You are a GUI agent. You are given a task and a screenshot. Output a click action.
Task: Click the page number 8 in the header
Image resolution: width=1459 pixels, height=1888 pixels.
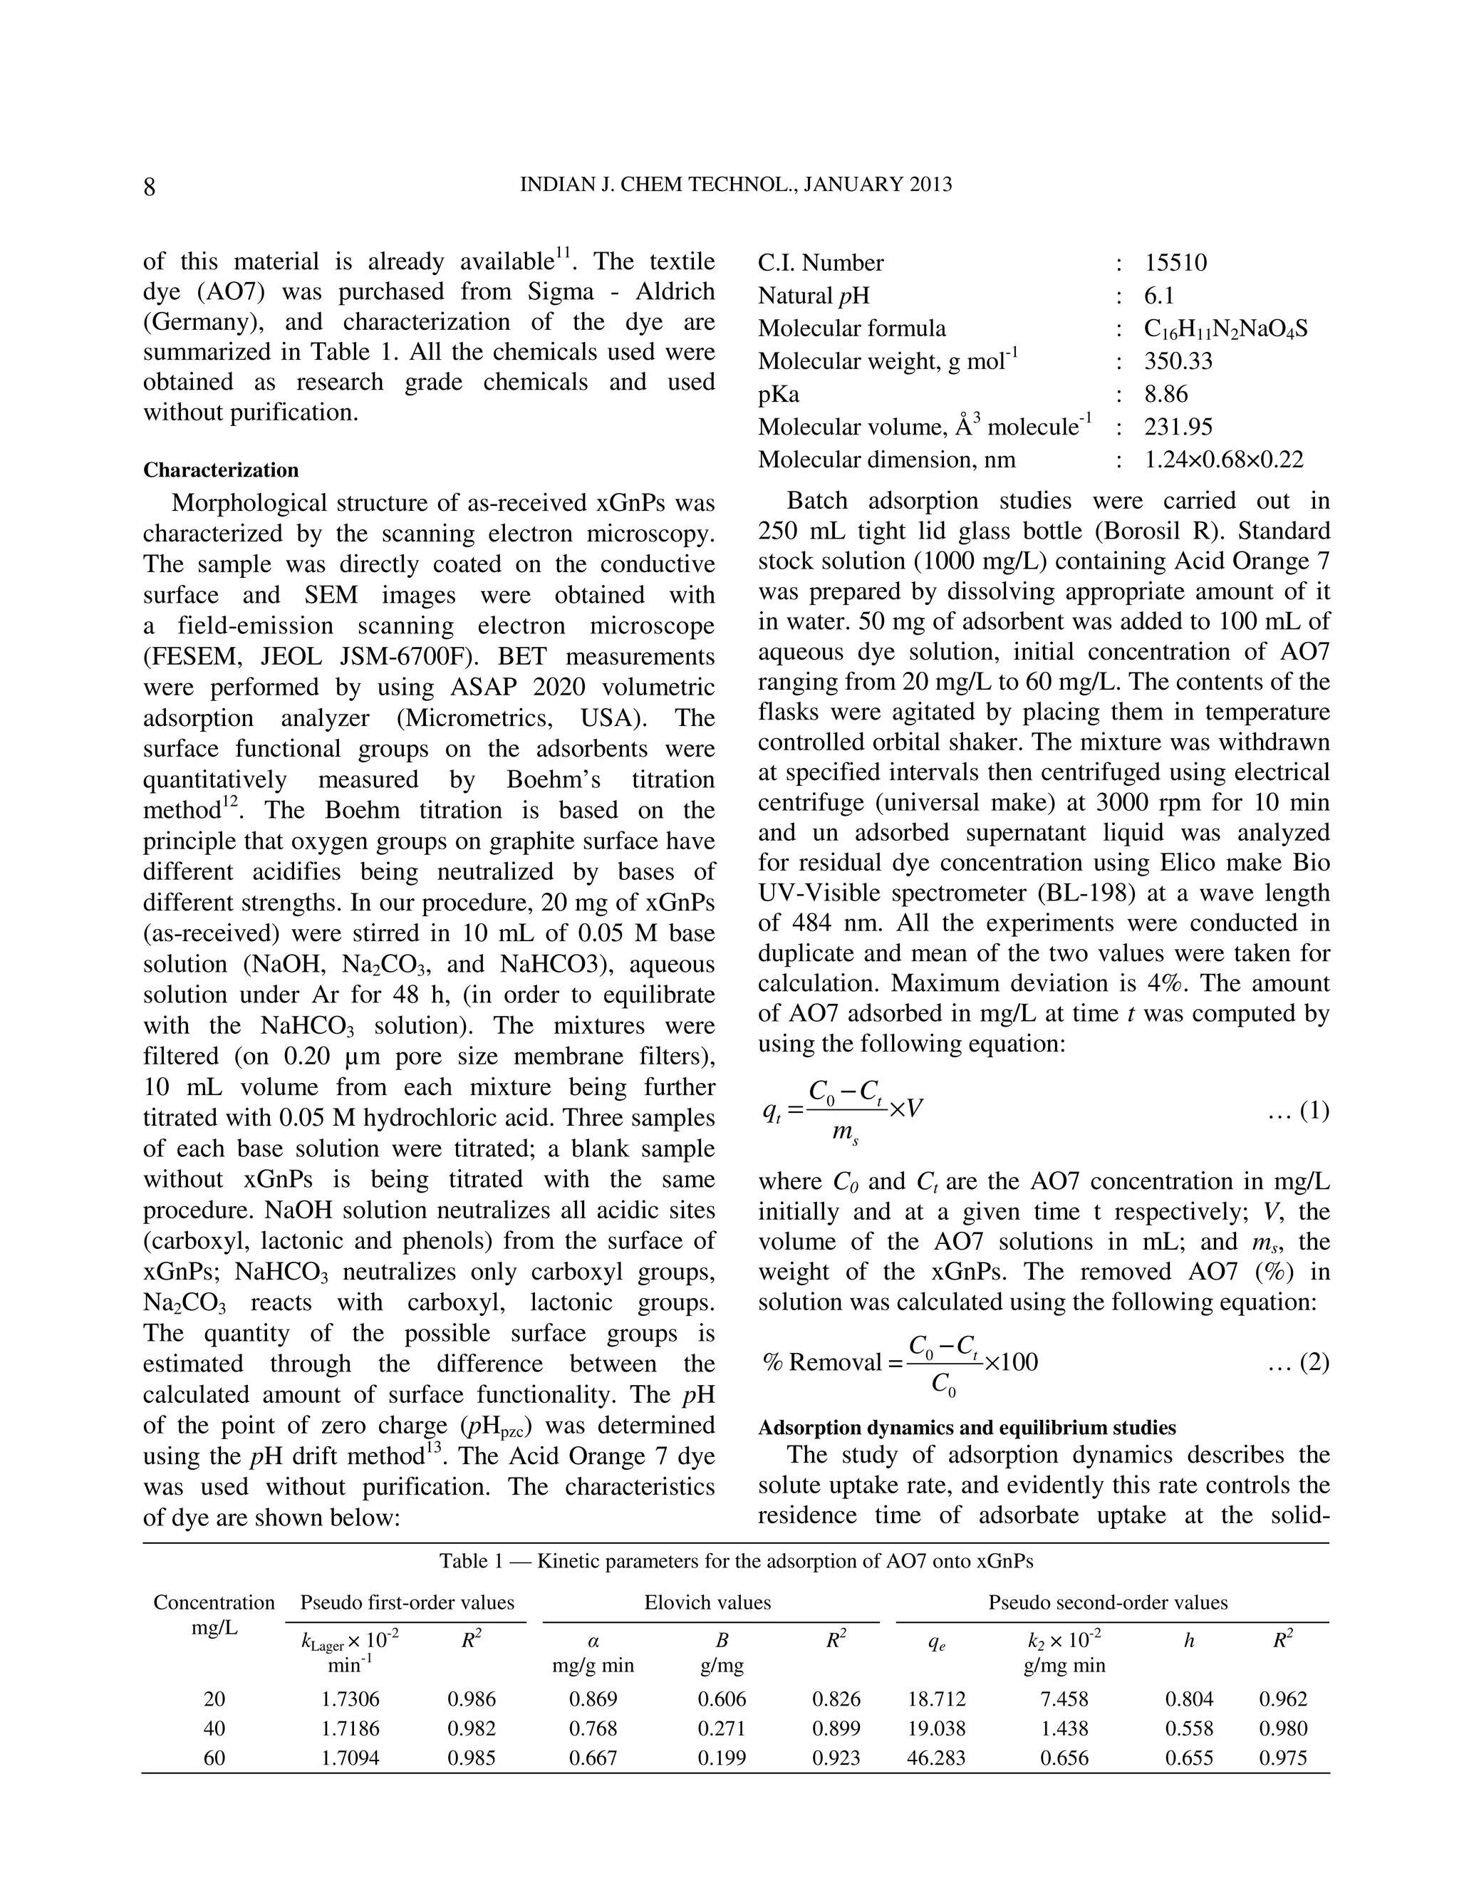tap(150, 187)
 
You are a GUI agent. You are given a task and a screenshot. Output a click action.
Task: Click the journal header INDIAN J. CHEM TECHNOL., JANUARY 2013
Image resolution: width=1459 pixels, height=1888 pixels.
tap(735, 184)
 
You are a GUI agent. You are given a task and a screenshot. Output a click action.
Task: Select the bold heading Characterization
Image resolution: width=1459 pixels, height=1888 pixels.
tap(220, 470)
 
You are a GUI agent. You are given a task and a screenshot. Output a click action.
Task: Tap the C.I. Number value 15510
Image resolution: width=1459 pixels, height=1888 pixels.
tap(1175, 263)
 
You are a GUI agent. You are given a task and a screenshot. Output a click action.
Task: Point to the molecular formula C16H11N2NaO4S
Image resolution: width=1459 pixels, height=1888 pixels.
tap(1225, 328)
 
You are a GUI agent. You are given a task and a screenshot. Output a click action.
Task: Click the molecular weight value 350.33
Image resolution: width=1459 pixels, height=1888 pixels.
tap(1178, 361)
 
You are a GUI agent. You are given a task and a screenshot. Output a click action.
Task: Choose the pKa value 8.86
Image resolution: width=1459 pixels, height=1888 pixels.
tap(1166, 394)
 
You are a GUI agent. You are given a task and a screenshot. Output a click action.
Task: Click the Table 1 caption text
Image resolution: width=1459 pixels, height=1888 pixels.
tap(735, 1560)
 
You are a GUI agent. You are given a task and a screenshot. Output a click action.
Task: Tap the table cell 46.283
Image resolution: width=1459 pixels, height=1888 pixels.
tap(936, 1758)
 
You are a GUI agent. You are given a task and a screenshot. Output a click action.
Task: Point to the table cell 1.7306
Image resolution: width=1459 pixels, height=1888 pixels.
tap(350, 1698)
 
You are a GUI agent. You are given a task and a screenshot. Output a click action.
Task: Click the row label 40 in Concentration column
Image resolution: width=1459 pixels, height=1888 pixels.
tap(214, 1728)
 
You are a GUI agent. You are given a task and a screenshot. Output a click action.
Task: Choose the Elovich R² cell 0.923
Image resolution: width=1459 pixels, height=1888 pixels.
tap(836, 1758)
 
